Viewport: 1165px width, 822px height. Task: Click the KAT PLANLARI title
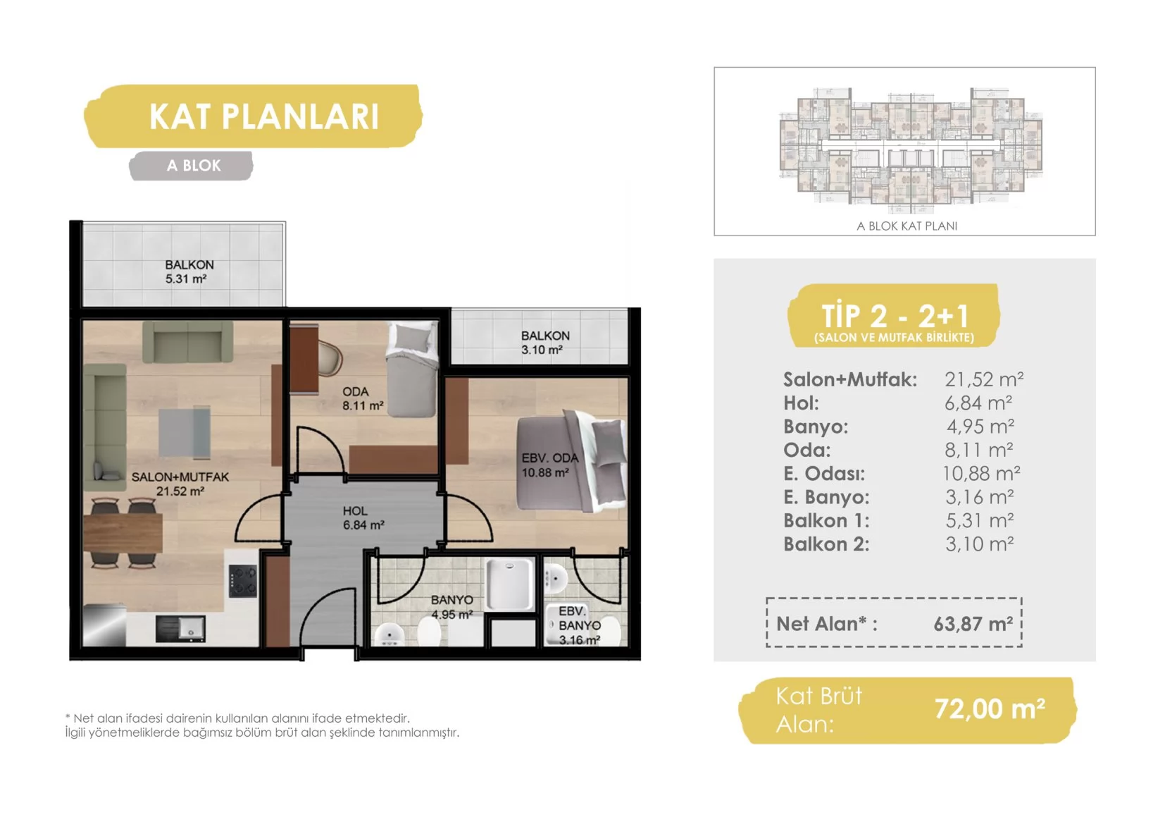click(263, 116)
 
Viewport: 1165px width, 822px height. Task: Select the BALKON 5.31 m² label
click(189, 271)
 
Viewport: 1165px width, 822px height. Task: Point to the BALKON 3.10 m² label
click(544, 343)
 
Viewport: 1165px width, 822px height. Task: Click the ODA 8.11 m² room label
click(363, 398)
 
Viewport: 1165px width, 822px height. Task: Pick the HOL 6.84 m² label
click(363, 518)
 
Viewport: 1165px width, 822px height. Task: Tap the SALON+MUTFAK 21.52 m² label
click(180, 484)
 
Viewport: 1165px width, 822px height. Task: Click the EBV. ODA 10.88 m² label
click(549, 465)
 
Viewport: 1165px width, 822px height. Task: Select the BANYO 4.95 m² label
click(451, 607)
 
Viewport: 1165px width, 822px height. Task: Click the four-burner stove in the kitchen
click(243, 580)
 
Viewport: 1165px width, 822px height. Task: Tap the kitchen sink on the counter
click(180, 628)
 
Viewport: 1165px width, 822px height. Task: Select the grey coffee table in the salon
click(185, 433)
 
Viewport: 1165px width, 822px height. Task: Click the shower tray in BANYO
click(510, 584)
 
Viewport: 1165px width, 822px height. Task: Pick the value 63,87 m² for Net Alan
click(973, 624)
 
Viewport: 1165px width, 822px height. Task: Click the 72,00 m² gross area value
click(990, 708)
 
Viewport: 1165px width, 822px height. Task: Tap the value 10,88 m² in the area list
click(981, 473)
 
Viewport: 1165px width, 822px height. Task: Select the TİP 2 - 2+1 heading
click(894, 315)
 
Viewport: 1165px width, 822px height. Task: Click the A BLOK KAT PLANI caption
click(907, 226)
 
